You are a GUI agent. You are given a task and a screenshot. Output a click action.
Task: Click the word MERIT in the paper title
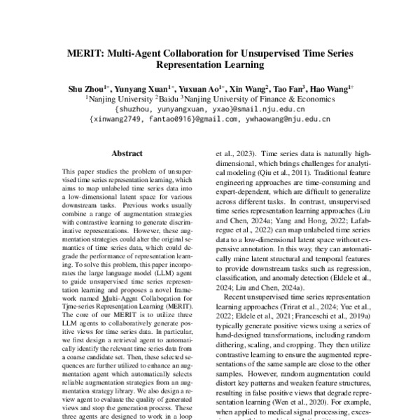tap(86, 54)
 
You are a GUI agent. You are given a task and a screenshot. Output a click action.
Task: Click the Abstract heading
tap(127, 153)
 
